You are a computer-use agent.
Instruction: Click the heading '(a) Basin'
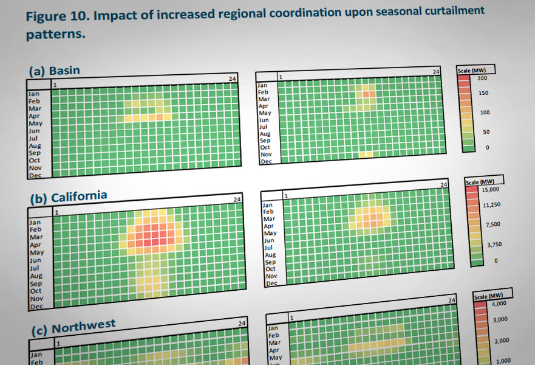tap(54, 71)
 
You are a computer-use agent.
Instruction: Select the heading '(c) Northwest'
tap(73, 328)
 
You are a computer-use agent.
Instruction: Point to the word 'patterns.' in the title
tap(55, 35)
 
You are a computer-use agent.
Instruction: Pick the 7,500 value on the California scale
tap(492, 224)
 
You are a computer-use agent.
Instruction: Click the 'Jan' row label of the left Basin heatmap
tap(34, 94)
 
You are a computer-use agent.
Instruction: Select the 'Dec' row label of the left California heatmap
tap(36, 306)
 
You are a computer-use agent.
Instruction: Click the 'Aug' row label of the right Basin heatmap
tap(265, 133)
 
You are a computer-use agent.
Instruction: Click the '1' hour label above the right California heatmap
tap(285, 196)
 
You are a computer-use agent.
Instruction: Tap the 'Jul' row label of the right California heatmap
tap(268, 248)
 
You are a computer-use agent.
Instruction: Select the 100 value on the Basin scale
tap(483, 113)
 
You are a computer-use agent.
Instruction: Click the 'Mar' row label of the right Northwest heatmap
tap(274, 343)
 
